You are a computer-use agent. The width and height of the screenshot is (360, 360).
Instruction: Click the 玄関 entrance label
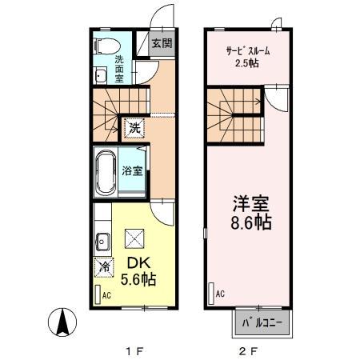point(162,43)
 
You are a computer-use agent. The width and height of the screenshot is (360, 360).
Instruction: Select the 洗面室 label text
point(119,69)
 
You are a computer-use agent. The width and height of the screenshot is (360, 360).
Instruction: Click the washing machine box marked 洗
point(134,127)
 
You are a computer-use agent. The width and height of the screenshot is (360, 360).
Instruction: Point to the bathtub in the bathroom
point(106,171)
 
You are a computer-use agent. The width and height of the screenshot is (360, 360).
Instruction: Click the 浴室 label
point(131,170)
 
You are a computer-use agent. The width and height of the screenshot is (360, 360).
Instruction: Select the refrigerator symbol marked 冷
point(104,267)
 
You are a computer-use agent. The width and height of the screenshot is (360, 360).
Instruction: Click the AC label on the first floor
point(106,295)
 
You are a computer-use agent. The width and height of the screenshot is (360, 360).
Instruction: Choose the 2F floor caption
point(249,349)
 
